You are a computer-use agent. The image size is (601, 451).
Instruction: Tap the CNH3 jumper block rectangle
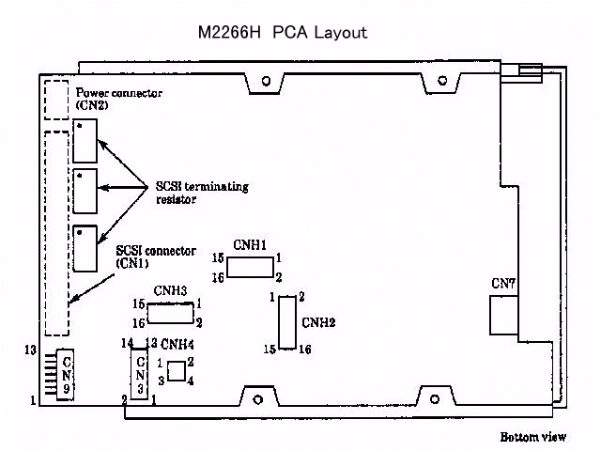168,313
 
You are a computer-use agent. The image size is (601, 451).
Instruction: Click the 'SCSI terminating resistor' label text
202,192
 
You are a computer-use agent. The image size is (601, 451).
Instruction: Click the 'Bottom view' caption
532,437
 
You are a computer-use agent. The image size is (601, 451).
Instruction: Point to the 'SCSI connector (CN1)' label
155,257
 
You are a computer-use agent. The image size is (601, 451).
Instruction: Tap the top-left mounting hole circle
266,81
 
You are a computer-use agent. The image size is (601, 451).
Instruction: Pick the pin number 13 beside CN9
31,350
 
